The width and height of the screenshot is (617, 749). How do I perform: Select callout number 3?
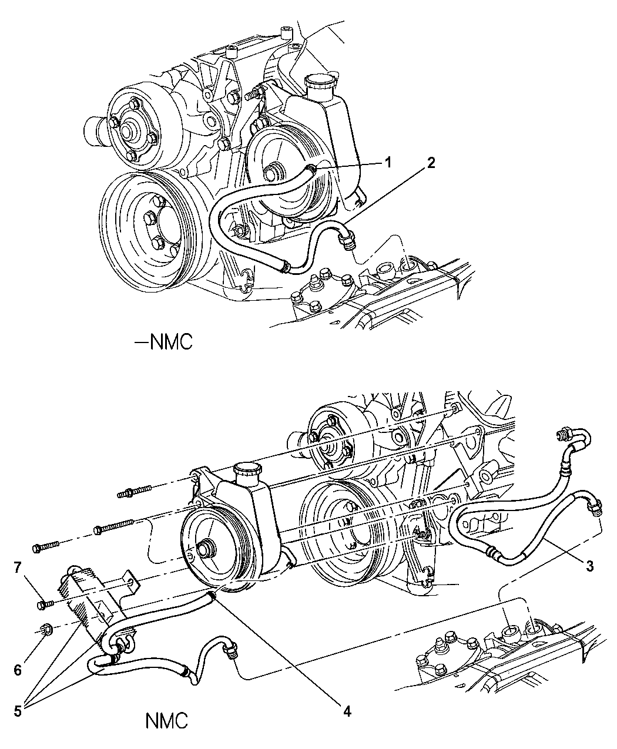(589, 567)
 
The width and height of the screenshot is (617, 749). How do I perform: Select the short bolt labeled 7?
(45, 603)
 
